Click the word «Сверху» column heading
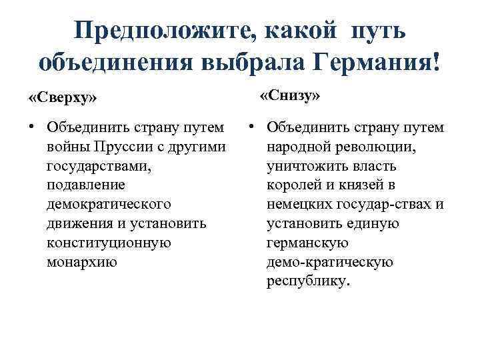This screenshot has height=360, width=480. click(63, 97)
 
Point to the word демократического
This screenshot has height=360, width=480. click(109, 204)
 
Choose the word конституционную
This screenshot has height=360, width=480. click(109, 243)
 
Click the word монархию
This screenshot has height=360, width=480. click(82, 262)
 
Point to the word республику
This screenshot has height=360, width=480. click(307, 281)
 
